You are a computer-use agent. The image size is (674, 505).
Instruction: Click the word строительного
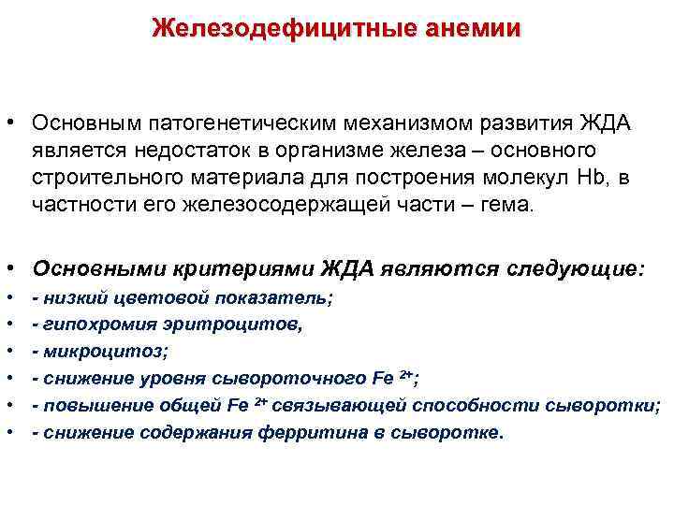(103, 178)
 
